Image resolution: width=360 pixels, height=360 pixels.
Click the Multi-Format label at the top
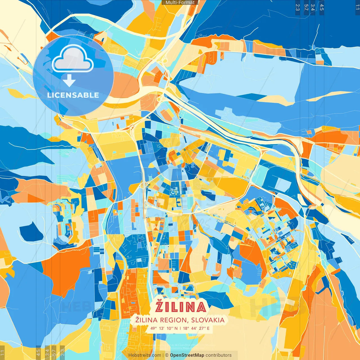[180, 3]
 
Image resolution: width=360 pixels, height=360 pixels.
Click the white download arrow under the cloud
[69, 80]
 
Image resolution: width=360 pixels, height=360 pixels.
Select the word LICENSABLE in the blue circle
[73, 95]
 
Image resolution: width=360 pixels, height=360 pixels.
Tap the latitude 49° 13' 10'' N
[164, 328]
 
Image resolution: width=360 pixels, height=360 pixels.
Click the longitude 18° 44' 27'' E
[196, 328]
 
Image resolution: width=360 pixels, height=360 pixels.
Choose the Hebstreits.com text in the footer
[145, 355]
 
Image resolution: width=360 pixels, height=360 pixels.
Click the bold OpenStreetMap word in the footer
[187, 355]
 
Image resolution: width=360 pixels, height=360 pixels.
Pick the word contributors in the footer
[219, 355]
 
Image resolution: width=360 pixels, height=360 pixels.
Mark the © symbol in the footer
[166, 355]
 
